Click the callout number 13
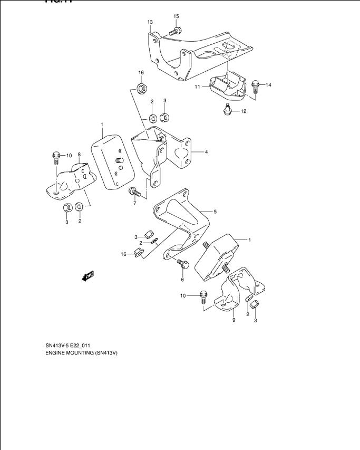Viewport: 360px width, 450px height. (150, 22)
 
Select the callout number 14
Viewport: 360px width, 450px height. (268, 84)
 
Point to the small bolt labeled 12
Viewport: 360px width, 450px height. (228, 109)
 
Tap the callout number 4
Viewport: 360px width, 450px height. (206, 152)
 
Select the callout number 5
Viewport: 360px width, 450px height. (215, 212)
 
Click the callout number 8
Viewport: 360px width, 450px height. (79, 155)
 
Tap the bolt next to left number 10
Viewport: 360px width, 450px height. (56, 156)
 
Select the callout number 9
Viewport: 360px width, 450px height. (233, 320)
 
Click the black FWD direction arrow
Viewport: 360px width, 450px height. (87, 275)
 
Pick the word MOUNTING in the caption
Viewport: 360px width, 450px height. (81, 352)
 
